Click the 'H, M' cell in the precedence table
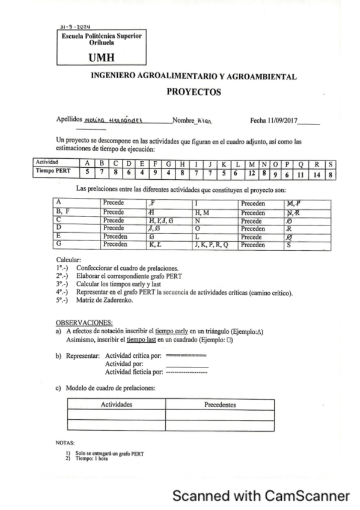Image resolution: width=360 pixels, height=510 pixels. (202, 212)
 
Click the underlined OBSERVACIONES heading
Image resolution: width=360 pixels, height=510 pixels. (84, 322)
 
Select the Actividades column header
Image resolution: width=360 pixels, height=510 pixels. (116, 405)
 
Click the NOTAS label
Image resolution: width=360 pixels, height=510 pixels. (64, 441)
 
